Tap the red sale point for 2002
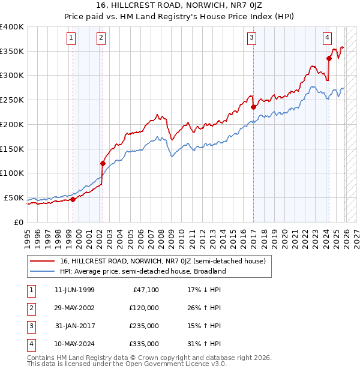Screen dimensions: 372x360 pos(103,163)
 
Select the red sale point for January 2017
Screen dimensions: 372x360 pos(253,107)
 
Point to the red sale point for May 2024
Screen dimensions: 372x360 pos(329,58)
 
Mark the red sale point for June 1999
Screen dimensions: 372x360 pos(73,199)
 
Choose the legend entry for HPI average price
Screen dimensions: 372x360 pos(142,271)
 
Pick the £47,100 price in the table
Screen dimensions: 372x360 pos(145,290)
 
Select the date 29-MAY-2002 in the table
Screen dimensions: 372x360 pos(74,308)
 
